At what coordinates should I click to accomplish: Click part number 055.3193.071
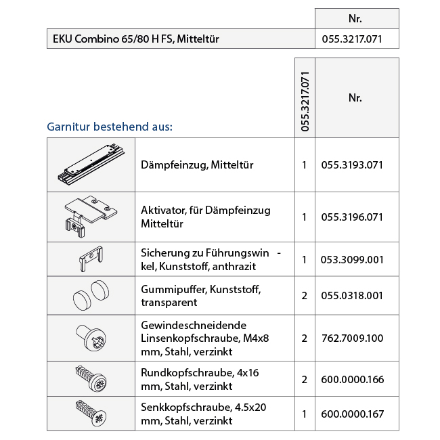351,164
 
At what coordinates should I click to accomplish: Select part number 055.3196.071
351,217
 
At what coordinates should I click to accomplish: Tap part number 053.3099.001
351,259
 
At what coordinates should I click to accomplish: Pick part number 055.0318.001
351,296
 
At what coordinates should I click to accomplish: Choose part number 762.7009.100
351,337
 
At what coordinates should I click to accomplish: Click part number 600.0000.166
351,379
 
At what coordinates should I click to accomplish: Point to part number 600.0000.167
351,414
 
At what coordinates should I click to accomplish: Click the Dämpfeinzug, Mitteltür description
197,164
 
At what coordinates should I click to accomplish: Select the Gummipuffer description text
200,296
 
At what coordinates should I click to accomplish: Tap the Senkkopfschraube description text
204,414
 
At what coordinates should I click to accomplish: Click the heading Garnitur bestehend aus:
110,127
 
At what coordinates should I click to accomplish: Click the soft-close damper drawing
91,164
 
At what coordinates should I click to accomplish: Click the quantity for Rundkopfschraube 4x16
305,379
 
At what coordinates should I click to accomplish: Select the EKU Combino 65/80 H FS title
136,39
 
